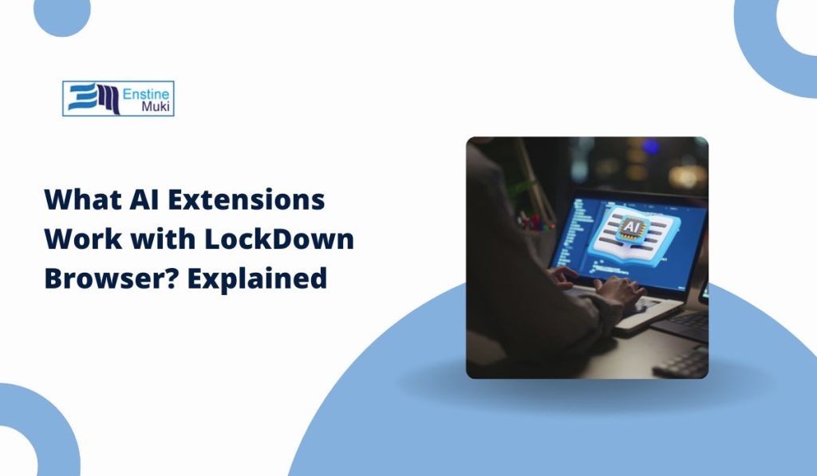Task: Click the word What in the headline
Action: tap(83, 199)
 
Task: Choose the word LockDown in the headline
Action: tap(279, 238)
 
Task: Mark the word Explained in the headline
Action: tap(258, 278)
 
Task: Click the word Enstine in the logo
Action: tap(146, 94)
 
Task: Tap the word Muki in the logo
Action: tap(156, 108)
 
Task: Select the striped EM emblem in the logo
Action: tap(94, 98)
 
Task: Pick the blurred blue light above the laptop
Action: tap(651, 147)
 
